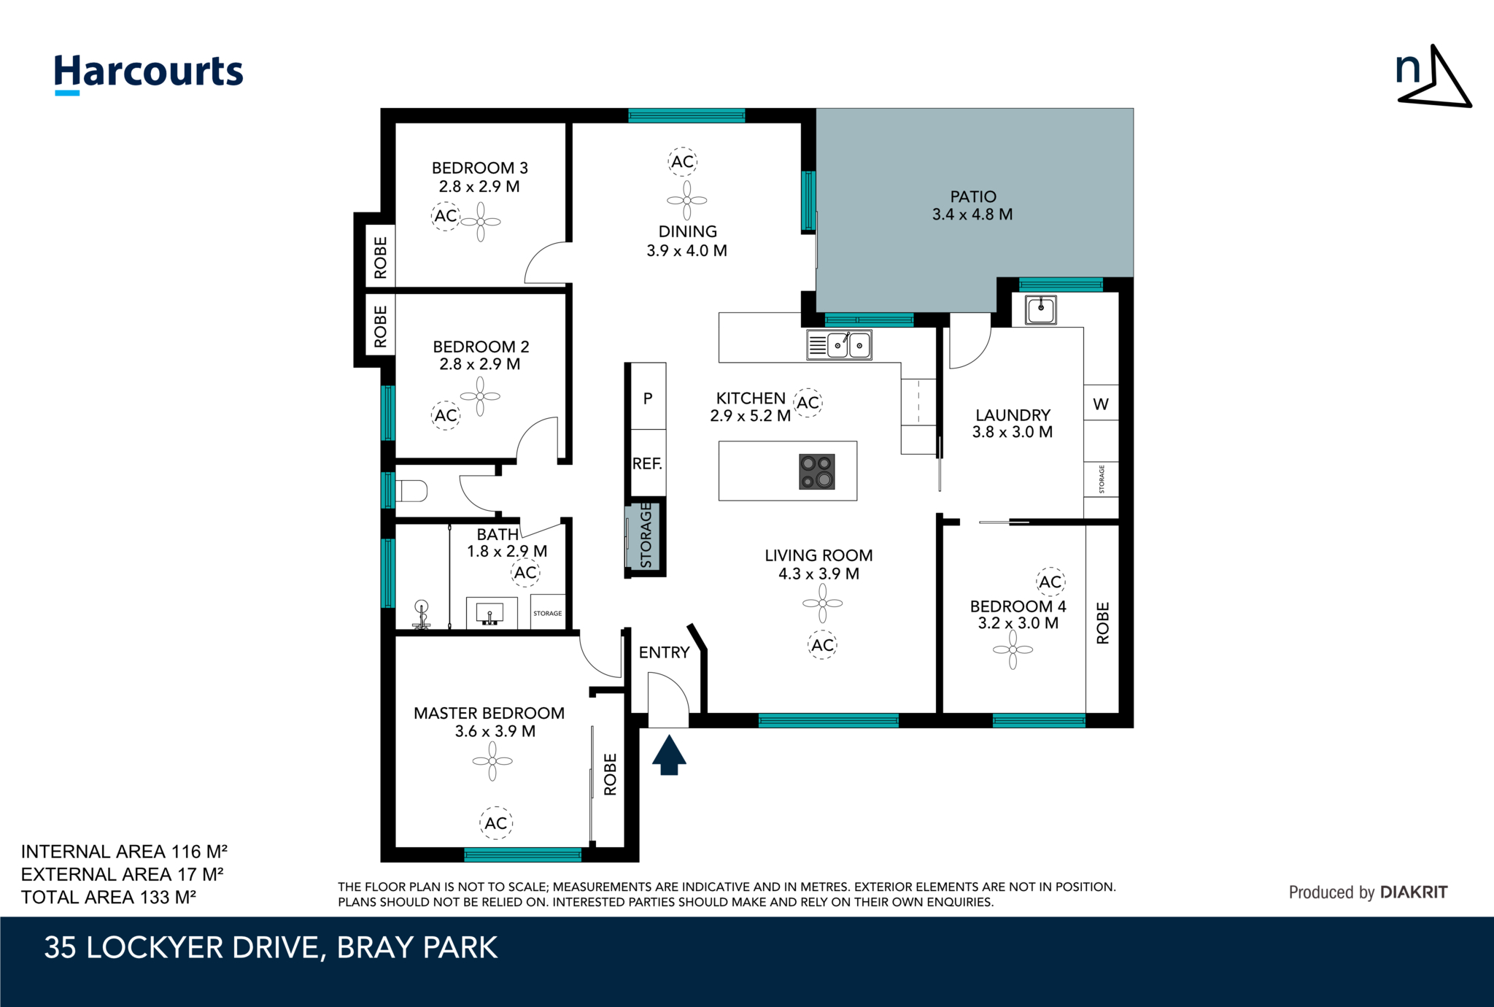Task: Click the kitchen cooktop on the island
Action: click(x=817, y=471)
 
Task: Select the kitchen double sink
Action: click(x=839, y=344)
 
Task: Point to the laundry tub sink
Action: click(x=1041, y=309)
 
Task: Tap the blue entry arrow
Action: click(x=669, y=755)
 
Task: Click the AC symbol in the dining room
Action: click(x=683, y=161)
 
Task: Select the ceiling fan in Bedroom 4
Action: click(x=1013, y=649)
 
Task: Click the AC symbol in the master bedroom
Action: click(x=496, y=823)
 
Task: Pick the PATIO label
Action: click(x=973, y=196)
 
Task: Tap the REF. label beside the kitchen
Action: click(x=647, y=463)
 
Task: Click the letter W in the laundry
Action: click(x=1101, y=404)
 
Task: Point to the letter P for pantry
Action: click(x=648, y=398)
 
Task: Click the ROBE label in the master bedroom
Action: click(x=611, y=774)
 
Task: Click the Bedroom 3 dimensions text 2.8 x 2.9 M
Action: click(x=479, y=186)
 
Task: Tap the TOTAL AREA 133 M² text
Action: click(x=109, y=897)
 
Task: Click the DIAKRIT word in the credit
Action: click(x=1414, y=892)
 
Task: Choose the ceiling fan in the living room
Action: click(x=823, y=603)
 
